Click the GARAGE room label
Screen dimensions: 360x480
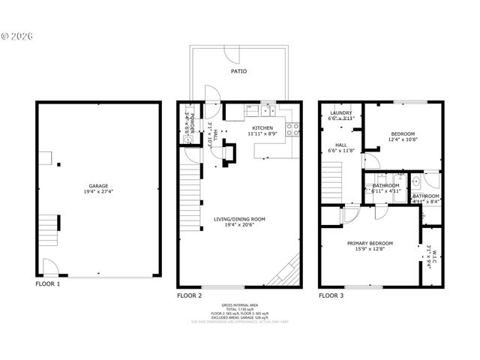pyautogui.click(x=98, y=185)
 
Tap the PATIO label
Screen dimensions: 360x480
pyautogui.click(x=238, y=71)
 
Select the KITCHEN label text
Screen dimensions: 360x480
pyautogui.click(x=262, y=128)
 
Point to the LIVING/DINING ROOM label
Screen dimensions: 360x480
pyautogui.click(x=239, y=219)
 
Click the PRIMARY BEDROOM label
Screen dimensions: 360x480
pyautogui.click(x=370, y=243)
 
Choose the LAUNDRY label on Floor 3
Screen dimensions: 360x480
pyautogui.click(x=341, y=112)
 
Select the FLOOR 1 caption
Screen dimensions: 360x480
pyautogui.click(x=48, y=284)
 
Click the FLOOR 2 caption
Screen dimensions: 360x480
pyautogui.click(x=189, y=295)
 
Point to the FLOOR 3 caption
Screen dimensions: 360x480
pyautogui.click(x=331, y=295)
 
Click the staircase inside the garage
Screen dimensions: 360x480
pyautogui.click(x=49, y=223)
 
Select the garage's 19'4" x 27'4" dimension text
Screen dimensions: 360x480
pyautogui.click(x=98, y=192)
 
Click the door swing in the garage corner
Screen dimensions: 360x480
pyautogui.click(x=49, y=265)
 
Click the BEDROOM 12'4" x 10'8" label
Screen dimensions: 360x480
pyautogui.click(x=403, y=136)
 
